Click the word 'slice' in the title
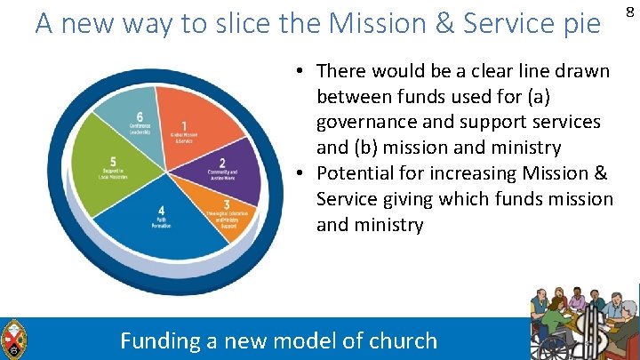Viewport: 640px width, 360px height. pyautogui.click(x=224, y=24)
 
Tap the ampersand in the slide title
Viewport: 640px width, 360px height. pyautogui.click(x=444, y=24)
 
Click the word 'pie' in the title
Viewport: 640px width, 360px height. pyautogui.click(x=581, y=24)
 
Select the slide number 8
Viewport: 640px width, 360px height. pyautogui.click(x=629, y=11)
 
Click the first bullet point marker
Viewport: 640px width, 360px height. pyautogui.click(x=302, y=70)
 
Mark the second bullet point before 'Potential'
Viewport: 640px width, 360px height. pyautogui.click(x=302, y=173)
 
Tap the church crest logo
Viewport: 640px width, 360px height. pyautogui.click(x=15, y=340)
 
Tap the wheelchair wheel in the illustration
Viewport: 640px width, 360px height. pyautogui.click(x=546, y=347)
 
